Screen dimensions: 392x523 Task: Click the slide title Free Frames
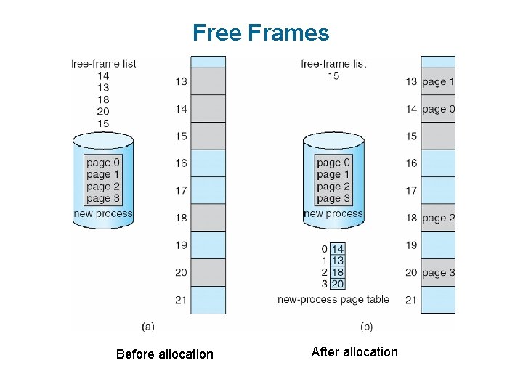(261, 33)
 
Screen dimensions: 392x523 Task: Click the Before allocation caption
(165, 354)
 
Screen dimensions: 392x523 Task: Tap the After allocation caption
(354, 352)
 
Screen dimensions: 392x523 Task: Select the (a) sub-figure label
(148, 327)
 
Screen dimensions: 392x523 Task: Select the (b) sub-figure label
(366, 327)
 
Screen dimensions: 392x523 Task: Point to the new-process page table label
(333, 299)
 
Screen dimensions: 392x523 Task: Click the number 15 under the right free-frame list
(333, 75)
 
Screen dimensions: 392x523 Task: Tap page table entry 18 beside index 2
(337, 272)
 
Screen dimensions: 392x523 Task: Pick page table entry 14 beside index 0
(337, 249)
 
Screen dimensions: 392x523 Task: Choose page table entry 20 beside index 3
(337, 284)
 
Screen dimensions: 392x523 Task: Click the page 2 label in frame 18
(438, 218)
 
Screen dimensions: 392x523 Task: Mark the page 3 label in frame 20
(438, 272)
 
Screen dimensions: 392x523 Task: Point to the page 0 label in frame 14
(438, 109)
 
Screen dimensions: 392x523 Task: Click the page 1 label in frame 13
(438, 81)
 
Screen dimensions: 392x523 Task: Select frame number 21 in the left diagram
(181, 300)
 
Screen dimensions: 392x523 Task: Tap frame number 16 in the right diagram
(411, 163)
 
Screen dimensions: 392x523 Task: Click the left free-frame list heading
(103, 63)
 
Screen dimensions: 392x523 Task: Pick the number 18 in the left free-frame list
(103, 99)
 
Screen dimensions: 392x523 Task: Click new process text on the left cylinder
(103, 213)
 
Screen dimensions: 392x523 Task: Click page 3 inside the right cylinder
(333, 198)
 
